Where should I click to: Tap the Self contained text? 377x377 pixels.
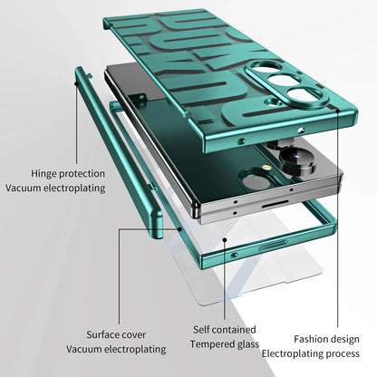224,329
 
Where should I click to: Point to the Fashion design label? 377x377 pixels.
327,338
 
